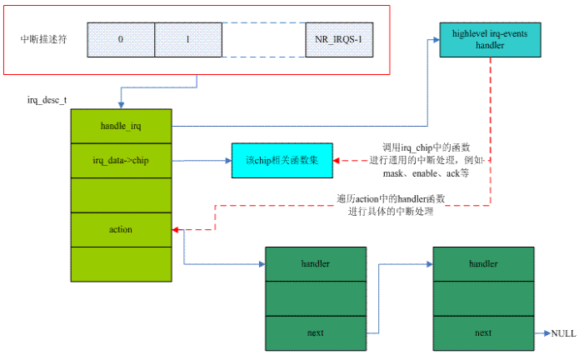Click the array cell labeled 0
(x=121, y=39)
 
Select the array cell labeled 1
(x=187, y=39)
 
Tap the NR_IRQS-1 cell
(x=338, y=39)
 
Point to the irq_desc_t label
(x=48, y=100)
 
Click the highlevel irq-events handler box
(x=490, y=39)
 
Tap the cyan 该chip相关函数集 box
(x=282, y=159)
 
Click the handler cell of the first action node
(x=315, y=264)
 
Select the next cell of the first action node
(x=315, y=332)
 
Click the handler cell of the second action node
(x=483, y=264)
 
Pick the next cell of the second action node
(x=483, y=332)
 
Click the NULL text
(x=563, y=332)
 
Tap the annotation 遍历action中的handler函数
(x=392, y=199)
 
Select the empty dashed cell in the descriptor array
(x=262, y=39)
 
